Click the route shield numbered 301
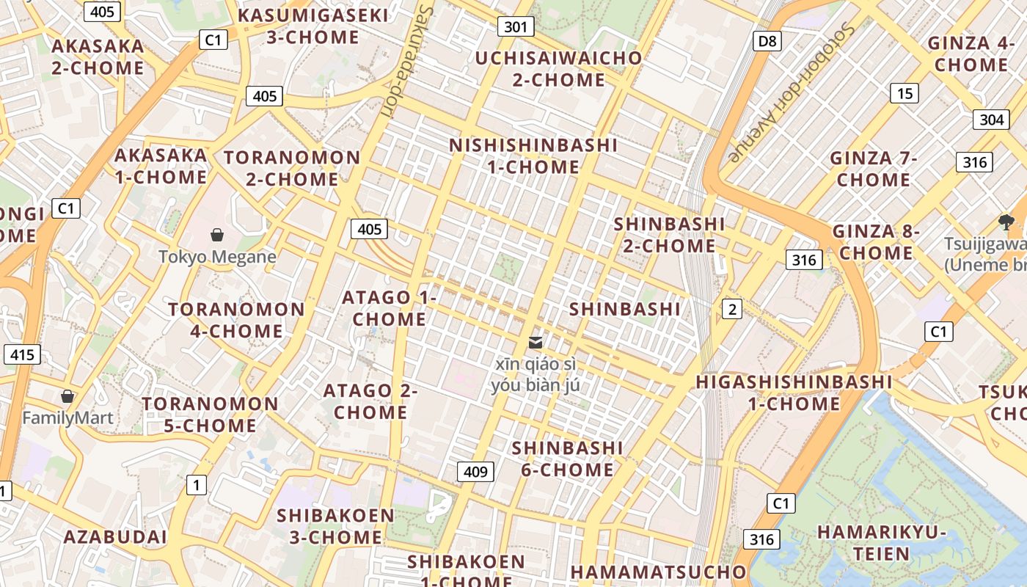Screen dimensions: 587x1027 516,27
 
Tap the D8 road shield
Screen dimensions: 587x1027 767,40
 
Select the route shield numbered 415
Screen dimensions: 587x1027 22,355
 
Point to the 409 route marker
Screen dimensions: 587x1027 475,471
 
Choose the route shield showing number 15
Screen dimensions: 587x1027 904,93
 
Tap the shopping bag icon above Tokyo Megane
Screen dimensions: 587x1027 217,235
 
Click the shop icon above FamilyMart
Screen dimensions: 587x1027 67,396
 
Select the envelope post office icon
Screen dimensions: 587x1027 536,343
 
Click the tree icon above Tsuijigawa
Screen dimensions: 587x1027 1006,222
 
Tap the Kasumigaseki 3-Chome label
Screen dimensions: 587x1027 313,26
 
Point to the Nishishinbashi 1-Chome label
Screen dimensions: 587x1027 533,156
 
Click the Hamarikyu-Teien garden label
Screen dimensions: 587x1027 881,542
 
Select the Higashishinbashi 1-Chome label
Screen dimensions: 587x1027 794,393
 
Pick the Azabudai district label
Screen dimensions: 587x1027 115,536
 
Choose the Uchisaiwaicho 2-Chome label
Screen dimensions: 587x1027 558,68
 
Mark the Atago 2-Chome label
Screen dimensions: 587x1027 370,401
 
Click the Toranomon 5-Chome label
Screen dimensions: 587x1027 210,415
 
